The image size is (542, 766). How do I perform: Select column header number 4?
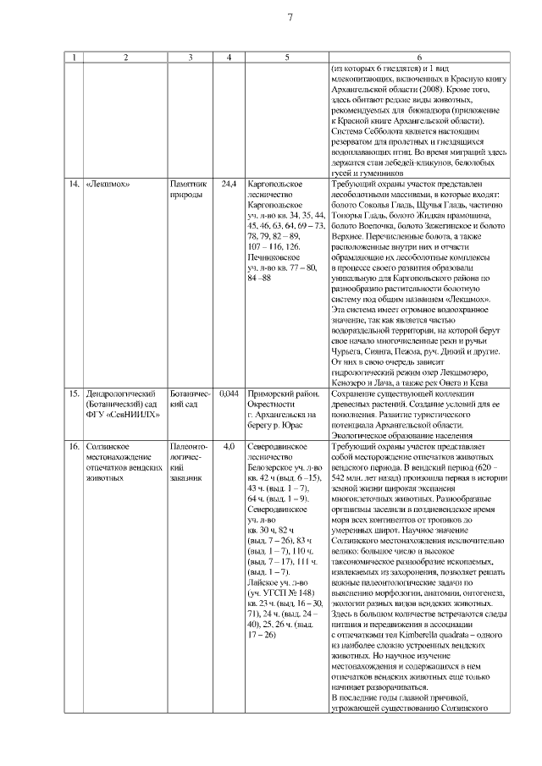tap(229, 57)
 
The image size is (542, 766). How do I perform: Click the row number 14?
tap(74, 183)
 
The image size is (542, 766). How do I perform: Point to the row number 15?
tap(74, 394)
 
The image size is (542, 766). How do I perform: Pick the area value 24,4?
tap(229, 183)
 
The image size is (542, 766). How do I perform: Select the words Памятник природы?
tap(188, 188)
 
